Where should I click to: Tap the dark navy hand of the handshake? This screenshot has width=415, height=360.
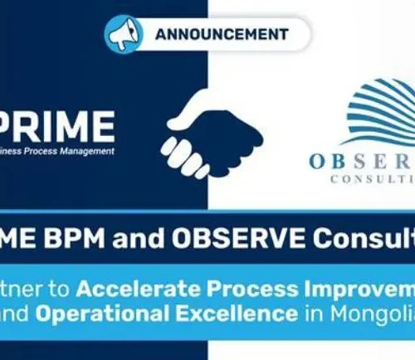(x=219, y=124)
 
